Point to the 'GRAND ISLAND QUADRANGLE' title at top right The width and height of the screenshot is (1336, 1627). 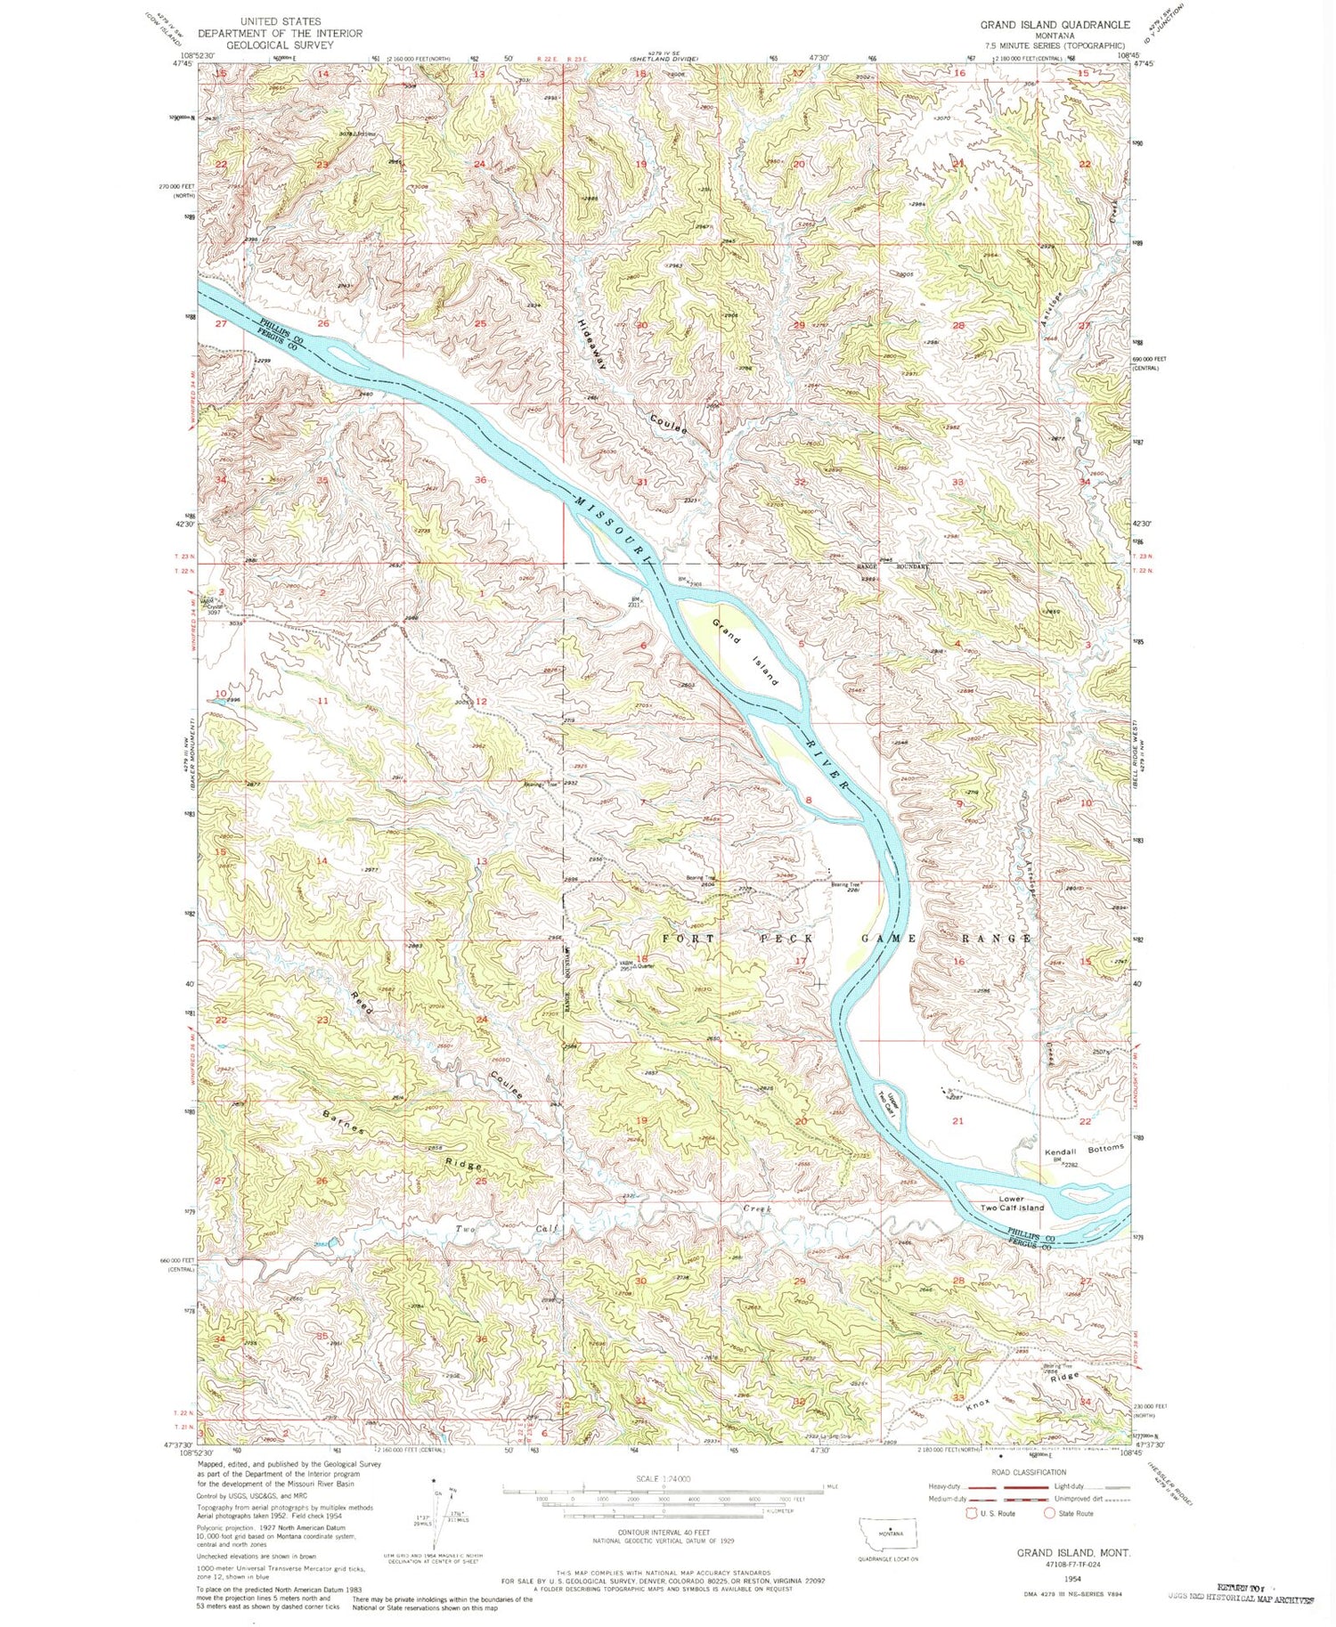pyautogui.click(x=1055, y=25)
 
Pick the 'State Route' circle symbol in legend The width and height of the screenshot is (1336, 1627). pyautogui.click(x=1050, y=1512)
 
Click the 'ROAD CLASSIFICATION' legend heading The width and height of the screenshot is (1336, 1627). pyautogui.click(x=1033, y=1472)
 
